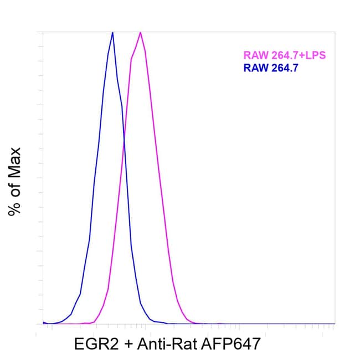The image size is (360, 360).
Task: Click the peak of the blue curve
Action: click(112, 32)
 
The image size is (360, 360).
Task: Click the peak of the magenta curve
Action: click(141, 32)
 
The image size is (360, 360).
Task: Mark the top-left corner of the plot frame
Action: click(43, 32)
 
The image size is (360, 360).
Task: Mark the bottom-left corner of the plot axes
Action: click(43, 324)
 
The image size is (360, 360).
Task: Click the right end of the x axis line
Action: click(335, 324)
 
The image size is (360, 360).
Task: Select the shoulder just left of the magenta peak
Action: click(132, 58)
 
